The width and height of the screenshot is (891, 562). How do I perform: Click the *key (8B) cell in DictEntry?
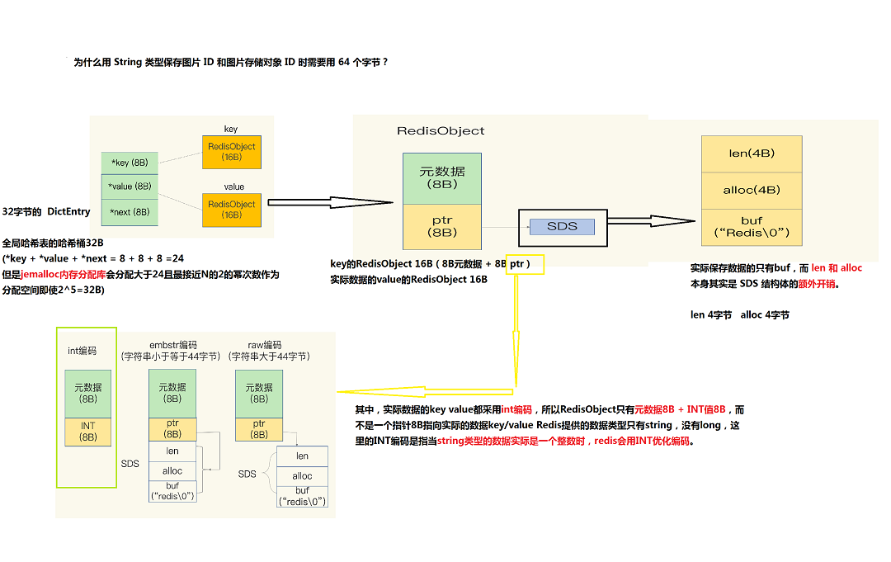tap(130, 163)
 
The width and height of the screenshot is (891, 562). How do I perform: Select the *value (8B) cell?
tap(130, 187)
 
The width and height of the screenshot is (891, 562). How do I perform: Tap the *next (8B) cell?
tap(130, 212)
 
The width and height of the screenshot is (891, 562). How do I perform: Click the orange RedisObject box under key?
tap(232, 152)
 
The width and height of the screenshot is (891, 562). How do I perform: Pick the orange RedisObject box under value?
tap(232, 210)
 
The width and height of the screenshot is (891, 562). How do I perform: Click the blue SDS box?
tap(562, 226)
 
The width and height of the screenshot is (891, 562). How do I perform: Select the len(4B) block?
tap(752, 153)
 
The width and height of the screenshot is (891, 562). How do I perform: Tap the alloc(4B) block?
tap(752, 190)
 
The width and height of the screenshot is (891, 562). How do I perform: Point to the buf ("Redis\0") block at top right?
tap(752, 227)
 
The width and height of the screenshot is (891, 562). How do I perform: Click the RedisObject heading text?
tap(441, 131)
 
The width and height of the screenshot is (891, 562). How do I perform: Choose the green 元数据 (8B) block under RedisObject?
tap(441, 177)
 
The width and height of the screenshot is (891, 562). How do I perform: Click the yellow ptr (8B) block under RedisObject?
tap(441, 226)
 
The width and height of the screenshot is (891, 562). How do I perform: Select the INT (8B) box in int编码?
tap(87, 432)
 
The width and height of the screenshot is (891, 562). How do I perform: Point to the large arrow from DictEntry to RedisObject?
tap(330, 202)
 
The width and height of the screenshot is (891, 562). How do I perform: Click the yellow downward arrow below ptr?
tap(516, 330)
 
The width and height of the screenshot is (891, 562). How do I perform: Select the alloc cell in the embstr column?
tap(172, 470)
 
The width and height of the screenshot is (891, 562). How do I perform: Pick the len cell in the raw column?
tap(302, 456)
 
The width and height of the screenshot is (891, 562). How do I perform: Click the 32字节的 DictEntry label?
tap(46, 212)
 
